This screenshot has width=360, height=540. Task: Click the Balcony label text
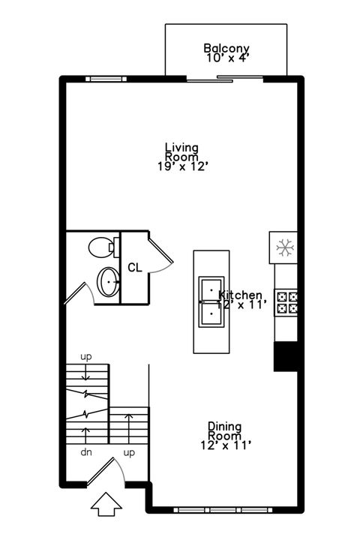click(x=226, y=49)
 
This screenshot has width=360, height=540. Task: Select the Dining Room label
click(x=224, y=430)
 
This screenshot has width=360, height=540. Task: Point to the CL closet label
click(x=135, y=267)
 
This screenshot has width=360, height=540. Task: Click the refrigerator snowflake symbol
click(x=284, y=247)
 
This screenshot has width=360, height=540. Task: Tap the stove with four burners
click(x=287, y=302)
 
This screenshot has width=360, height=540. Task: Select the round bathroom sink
click(x=108, y=283)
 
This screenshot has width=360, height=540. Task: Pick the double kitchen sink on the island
click(x=211, y=301)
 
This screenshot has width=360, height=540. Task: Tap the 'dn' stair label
click(x=86, y=453)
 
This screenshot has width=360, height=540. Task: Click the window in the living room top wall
click(x=105, y=78)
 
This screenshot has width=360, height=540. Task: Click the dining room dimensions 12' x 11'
click(x=224, y=445)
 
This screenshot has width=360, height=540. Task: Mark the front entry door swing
click(x=111, y=470)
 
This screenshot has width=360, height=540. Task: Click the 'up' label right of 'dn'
click(x=129, y=453)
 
